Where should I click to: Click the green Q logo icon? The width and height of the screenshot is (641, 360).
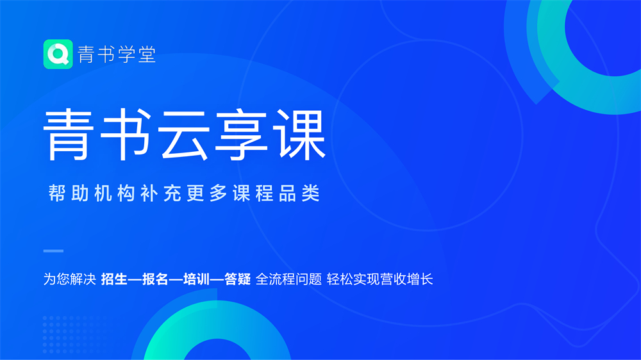(x=58, y=54)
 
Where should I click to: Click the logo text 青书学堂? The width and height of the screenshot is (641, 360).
(x=117, y=54)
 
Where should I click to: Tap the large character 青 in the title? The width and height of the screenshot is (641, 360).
(x=66, y=135)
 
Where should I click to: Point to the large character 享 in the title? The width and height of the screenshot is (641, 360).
(x=242, y=135)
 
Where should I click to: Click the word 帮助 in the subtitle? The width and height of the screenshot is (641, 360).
(x=69, y=193)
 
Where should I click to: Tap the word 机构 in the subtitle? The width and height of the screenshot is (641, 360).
(x=115, y=193)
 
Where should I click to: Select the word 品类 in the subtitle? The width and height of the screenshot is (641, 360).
(x=299, y=193)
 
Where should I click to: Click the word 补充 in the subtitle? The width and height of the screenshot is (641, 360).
(x=161, y=193)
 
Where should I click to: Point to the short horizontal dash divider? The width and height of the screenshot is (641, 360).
(x=54, y=251)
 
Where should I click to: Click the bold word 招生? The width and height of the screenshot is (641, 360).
(x=114, y=279)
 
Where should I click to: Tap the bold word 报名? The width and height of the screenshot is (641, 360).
(x=155, y=279)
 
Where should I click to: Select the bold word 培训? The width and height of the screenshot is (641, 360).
(x=197, y=279)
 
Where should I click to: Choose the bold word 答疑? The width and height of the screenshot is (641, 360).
(x=238, y=279)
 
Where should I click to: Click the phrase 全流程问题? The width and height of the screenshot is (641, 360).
(x=289, y=279)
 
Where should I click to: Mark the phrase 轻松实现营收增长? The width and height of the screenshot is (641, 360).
(x=379, y=279)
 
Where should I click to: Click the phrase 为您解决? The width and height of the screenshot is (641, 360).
(x=70, y=279)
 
